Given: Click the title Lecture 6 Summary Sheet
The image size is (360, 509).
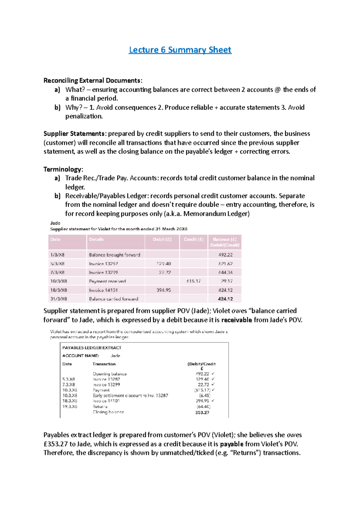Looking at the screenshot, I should (x=180, y=50).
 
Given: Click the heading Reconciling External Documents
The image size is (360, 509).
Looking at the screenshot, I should (x=93, y=80).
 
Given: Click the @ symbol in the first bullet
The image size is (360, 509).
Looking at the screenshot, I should (x=277, y=90).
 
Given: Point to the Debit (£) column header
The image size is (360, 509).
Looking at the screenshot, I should (x=162, y=240).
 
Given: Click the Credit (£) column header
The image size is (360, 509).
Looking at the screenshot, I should (x=193, y=240).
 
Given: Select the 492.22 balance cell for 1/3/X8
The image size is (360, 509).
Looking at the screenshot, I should (x=225, y=255).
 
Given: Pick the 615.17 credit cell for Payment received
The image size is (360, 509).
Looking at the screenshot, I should (x=193, y=281).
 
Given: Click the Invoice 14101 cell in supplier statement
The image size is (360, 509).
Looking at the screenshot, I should (x=103, y=290).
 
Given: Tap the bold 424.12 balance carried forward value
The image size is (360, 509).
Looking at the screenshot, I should (x=225, y=299).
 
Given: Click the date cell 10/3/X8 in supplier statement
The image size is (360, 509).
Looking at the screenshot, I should (x=59, y=281).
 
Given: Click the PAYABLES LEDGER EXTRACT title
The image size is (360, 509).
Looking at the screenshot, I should (x=92, y=348).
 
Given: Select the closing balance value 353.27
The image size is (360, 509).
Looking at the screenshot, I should (x=202, y=412).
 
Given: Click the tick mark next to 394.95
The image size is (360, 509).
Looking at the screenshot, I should (x=213, y=401).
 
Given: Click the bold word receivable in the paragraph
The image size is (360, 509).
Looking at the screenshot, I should (x=236, y=320).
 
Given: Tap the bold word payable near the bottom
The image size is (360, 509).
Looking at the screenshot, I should (x=231, y=444).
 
